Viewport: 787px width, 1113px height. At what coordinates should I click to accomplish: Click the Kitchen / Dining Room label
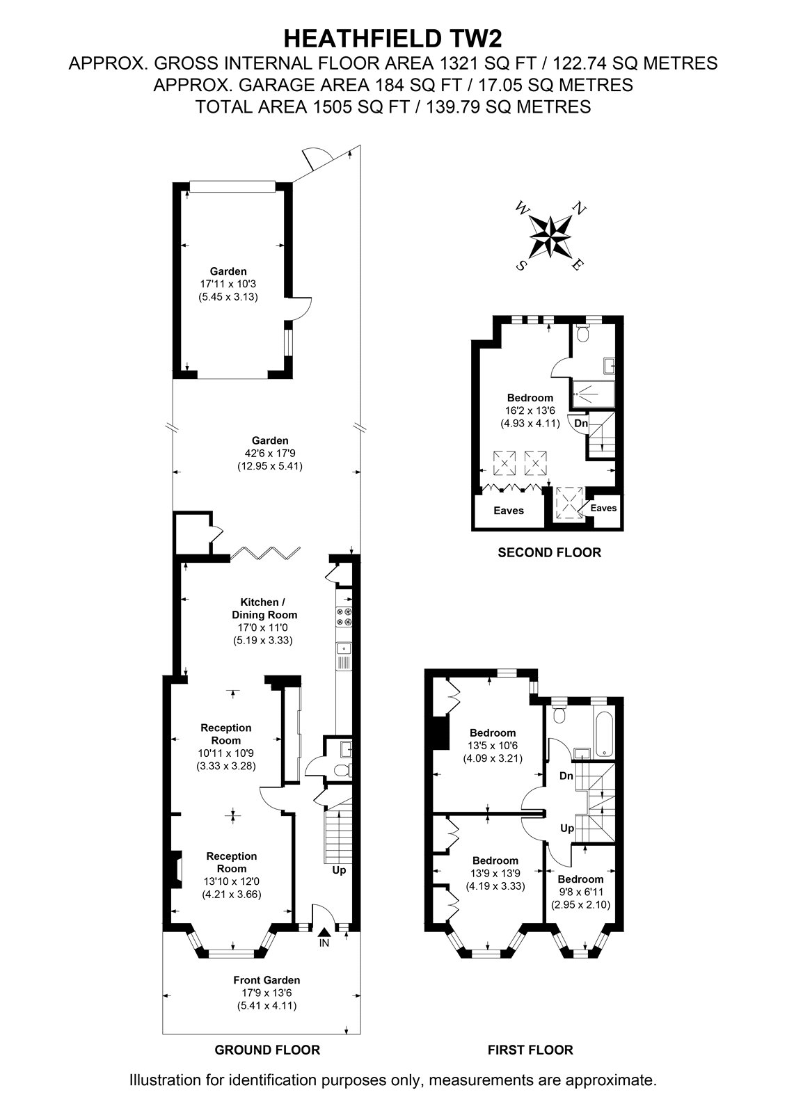click(x=264, y=608)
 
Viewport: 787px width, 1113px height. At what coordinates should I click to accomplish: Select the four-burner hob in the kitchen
click(x=344, y=616)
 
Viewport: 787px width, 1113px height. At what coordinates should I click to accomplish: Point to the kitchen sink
click(x=344, y=657)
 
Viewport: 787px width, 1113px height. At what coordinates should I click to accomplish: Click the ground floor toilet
click(x=343, y=771)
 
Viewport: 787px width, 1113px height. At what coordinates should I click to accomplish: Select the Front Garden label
click(x=267, y=980)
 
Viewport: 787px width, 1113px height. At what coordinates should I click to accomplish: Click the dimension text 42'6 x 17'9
click(x=270, y=453)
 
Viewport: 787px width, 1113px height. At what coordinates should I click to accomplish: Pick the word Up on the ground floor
click(x=339, y=870)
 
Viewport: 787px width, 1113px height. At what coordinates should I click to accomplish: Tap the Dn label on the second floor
click(x=581, y=424)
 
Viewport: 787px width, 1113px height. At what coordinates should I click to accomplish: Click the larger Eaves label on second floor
click(x=509, y=511)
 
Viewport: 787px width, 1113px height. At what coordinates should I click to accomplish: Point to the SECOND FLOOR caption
click(x=549, y=552)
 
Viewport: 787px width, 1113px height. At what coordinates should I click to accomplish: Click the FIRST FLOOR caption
click(x=530, y=1050)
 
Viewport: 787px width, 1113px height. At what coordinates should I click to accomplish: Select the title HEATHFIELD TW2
click(x=392, y=39)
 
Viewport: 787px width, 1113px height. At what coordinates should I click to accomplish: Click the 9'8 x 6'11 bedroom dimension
click(x=580, y=892)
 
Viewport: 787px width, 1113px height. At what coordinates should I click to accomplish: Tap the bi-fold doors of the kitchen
click(x=266, y=553)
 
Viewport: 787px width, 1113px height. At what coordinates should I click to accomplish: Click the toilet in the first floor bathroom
click(x=559, y=714)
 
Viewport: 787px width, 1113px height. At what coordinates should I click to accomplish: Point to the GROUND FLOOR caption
click(x=267, y=1050)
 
